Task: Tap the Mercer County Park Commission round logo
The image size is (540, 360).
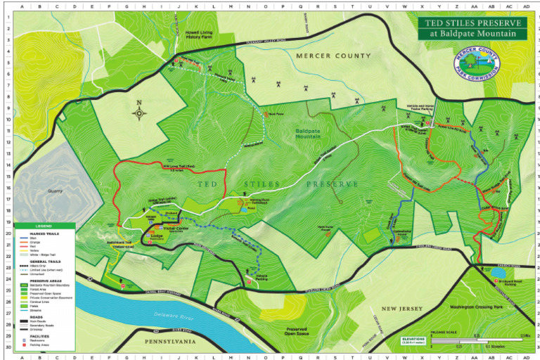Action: click(x=477, y=61)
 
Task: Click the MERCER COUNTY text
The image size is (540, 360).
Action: click(x=333, y=56)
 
